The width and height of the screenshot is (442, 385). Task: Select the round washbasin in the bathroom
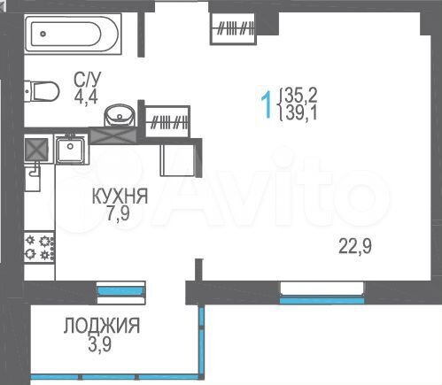click(x=119, y=116)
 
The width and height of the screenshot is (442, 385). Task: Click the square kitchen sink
click(x=69, y=149)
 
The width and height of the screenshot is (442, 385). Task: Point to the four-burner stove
click(x=39, y=247)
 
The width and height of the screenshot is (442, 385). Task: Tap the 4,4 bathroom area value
click(x=86, y=96)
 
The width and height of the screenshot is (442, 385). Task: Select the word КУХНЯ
click(x=119, y=196)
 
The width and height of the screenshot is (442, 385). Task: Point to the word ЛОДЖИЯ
click(x=100, y=326)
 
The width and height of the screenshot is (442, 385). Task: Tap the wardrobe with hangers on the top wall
click(x=236, y=27)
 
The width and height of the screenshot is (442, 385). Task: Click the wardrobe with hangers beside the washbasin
click(x=167, y=121)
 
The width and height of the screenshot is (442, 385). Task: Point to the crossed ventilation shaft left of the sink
click(x=35, y=149)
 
